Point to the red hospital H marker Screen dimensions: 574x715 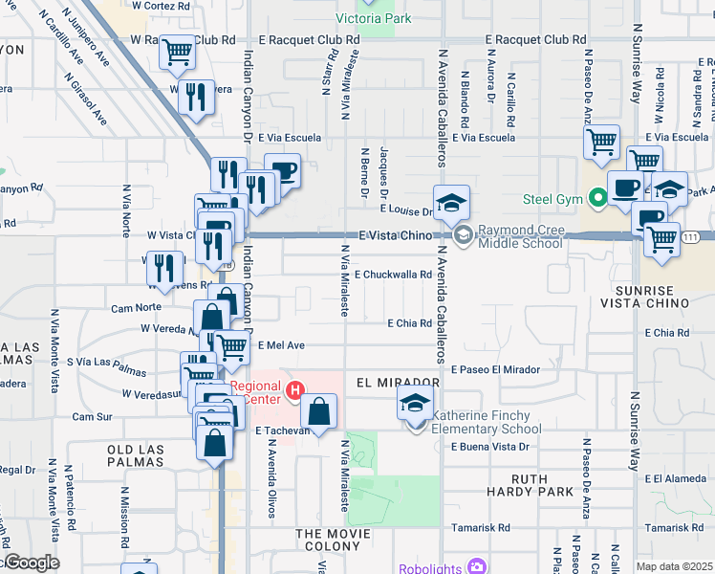(295, 390)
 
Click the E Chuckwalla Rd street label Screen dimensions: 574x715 (396, 275)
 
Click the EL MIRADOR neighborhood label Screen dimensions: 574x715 (397, 382)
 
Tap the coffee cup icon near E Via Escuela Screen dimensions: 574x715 (282, 171)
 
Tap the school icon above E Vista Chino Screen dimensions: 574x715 (451, 202)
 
